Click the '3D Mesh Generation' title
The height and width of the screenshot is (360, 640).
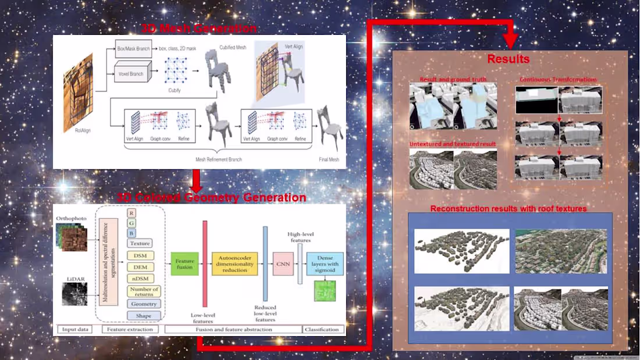click(198, 28)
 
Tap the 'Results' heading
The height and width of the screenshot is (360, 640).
click(508, 59)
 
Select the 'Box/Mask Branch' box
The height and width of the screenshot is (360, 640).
click(134, 50)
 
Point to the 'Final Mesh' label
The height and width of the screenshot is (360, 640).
click(329, 159)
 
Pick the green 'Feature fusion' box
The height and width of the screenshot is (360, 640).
click(184, 264)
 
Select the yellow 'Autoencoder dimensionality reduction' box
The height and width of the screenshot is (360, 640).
click(234, 263)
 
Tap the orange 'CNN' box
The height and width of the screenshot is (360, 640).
click(283, 263)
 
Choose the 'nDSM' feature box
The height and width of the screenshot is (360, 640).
click(140, 279)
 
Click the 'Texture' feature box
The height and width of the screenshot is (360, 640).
click(140, 243)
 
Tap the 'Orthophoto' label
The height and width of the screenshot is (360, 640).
click(72, 218)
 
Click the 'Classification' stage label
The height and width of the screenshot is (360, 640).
click(322, 329)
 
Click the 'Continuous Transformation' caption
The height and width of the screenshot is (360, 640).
click(558, 80)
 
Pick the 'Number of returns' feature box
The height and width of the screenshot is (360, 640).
click(144, 291)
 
